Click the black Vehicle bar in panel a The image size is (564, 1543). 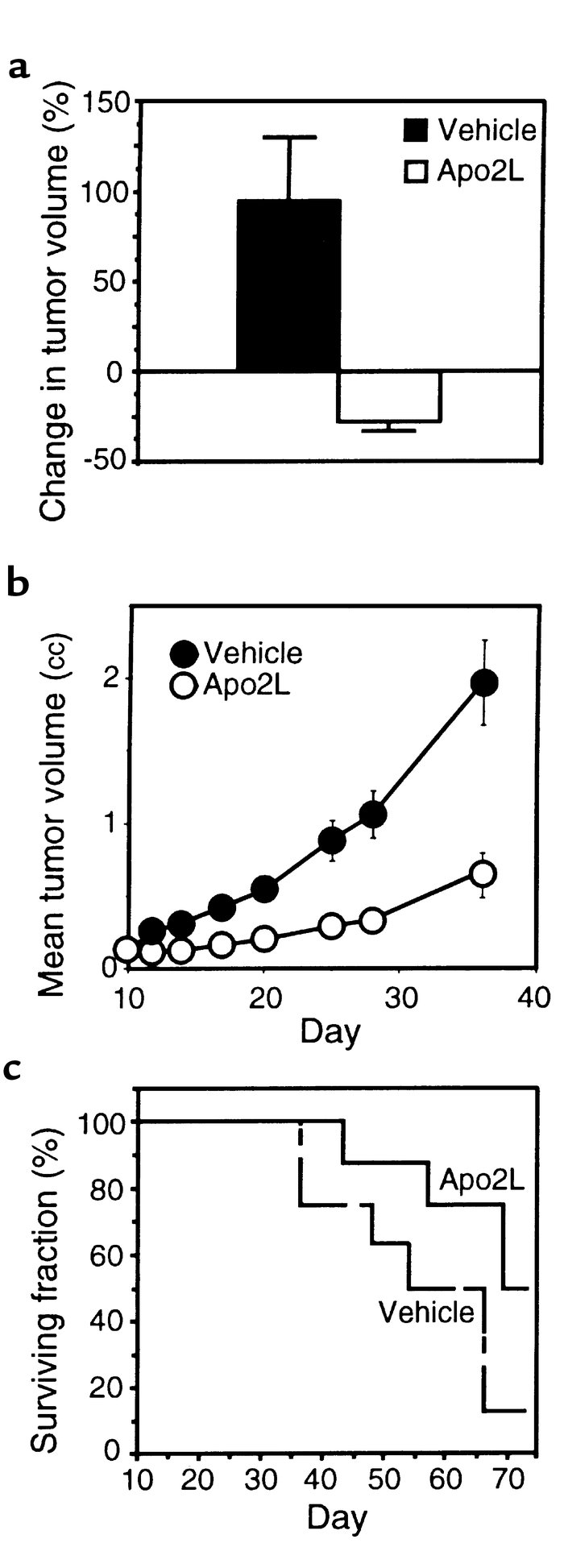[288, 285]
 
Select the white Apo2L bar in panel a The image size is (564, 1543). [388, 396]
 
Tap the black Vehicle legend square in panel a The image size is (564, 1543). [416, 131]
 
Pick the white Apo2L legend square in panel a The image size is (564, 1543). [416, 171]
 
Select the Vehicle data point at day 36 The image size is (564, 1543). [483, 682]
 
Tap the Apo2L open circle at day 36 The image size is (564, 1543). [483, 873]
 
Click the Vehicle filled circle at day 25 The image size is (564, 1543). [332, 840]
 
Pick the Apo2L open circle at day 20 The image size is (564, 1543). [264, 939]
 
